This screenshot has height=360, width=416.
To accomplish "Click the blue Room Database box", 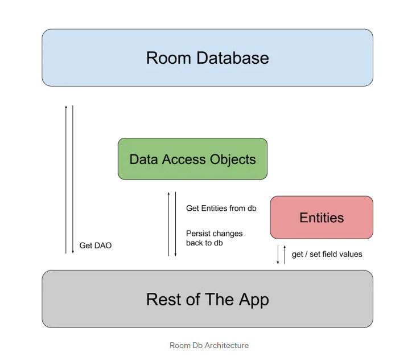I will tap(207, 58).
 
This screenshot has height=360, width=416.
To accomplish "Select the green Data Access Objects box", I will tap(192, 159).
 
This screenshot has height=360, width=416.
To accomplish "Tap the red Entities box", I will tap(322, 218).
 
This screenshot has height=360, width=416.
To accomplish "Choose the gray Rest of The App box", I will tap(207, 299).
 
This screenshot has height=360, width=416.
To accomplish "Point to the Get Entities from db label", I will tap(221, 208).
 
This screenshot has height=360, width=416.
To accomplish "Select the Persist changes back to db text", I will tap(214, 238).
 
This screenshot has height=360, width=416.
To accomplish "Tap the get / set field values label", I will tap(327, 254).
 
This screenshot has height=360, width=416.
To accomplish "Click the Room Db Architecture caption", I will tap(209, 345).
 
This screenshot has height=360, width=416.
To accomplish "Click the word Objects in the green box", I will tap(233, 159).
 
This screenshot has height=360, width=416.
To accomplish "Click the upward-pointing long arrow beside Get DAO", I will tap(66, 179).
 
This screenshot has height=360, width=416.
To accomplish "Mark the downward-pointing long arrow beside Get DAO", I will tap(73, 179).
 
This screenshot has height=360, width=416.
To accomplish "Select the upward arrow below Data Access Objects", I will tap(168, 224).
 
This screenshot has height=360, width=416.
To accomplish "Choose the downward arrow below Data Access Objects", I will tap(175, 224).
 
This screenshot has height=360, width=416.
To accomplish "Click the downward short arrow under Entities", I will tap(278, 255).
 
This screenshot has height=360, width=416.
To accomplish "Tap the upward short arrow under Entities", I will tap(285, 255).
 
